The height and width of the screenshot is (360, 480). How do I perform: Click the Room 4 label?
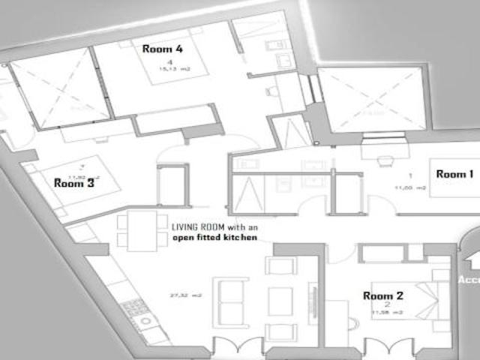[162, 48]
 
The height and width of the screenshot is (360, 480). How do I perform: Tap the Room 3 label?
[73, 181]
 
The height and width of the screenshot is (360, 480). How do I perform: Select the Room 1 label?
[455, 174]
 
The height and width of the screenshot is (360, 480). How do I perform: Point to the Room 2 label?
[383, 295]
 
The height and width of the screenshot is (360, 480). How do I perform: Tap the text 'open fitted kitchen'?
[214, 237]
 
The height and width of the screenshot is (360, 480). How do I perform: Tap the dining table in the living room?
[142, 230]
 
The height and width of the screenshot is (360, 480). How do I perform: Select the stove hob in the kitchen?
[135, 307]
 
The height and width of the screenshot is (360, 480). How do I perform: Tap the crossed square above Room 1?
[371, 100]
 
